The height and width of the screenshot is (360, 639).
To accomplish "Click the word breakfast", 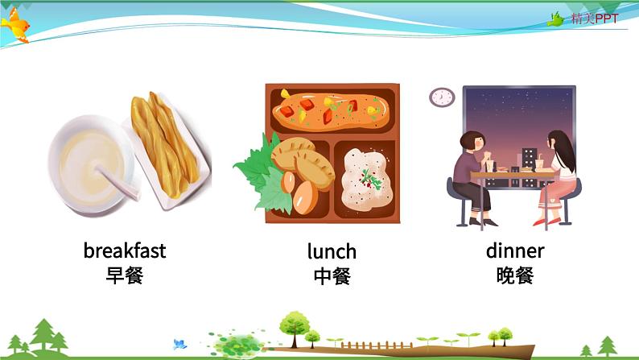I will (x=125, y=250).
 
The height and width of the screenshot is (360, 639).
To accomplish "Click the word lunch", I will (x=332, y=251).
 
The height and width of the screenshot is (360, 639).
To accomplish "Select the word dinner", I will (x=515, y=250).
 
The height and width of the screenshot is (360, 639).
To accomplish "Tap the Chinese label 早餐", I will (x=125, y=275).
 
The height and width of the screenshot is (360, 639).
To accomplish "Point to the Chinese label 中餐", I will (x=332, y=276).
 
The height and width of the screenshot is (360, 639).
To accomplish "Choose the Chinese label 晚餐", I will (x=515, y=275).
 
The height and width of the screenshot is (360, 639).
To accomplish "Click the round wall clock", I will (x=442, y=97).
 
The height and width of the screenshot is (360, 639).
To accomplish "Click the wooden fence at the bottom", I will (x=365, y=345).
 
